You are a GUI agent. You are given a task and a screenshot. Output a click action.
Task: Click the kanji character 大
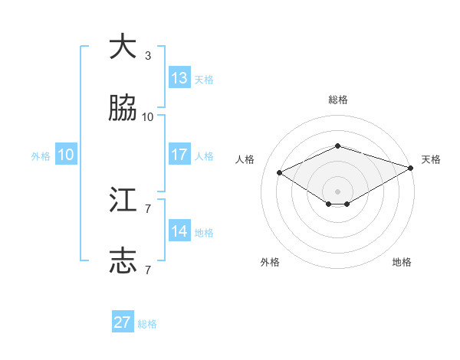pyautogui.click(x=123, y=47)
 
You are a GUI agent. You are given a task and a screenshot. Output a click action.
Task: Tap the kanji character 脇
pyautogui.click(x=123, y=109)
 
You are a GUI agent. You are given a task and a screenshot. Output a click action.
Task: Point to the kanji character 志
pyautogui.click(x=123, y=260)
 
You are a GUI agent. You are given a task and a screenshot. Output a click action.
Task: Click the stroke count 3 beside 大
pyautogui.click(x=148, y=56)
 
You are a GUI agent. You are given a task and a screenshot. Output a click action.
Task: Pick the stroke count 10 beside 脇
pyautogui.click(x=148, y=117)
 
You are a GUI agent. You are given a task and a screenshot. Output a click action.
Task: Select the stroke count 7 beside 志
pyautogui.click(x=148, y=270)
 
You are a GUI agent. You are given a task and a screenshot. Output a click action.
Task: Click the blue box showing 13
pyautogui.click(x=179, y=77)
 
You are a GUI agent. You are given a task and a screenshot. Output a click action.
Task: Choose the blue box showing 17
pyautogui.click(x=179, y=154)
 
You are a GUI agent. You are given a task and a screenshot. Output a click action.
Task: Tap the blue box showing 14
pyautogui.click(x=179, y=231)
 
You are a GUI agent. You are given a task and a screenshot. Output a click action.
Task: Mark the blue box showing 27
pyautogui.click(x=123, y=322)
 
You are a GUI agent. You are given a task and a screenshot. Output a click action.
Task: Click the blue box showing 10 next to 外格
pyautogui.click(x=66, y=154)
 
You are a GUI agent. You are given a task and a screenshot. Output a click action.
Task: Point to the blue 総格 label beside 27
pyautogui.click(x=147, y=324)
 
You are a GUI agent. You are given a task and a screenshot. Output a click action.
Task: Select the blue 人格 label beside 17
pyautogui.click(x=204, y=155)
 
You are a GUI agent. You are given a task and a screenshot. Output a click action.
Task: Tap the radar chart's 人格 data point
pyautogui.click(x=280, y=172)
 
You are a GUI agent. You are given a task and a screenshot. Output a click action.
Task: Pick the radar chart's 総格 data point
pyautogui.click(x=337, y=146)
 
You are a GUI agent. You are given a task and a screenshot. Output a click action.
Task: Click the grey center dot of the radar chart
pyautogui.click(x=337, y=191)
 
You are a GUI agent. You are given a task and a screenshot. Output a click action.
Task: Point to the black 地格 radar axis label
pyautogui.click(x=402, y=262)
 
